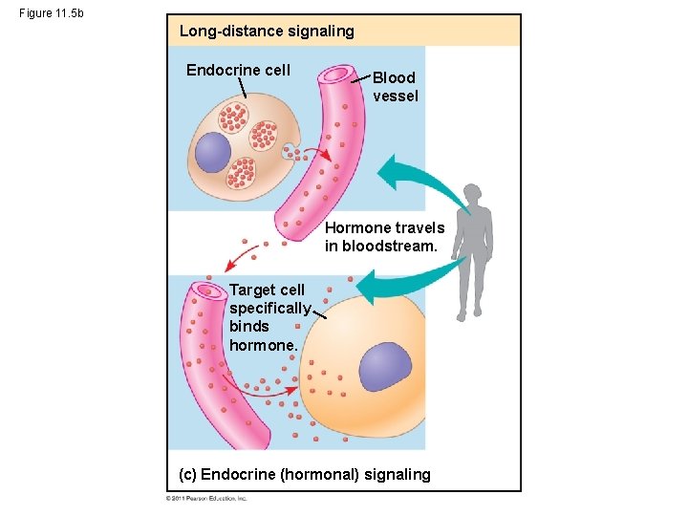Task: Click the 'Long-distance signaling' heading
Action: click(x=267, y=32)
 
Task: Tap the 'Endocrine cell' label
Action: click(x=238, y=70)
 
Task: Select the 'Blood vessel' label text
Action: click(x=395, y=87)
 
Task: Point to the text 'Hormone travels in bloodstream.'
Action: click(x=384, y=237)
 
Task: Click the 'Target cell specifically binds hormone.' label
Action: click(x=269, y=317)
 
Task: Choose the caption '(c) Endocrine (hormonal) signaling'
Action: click(x=305, y=474)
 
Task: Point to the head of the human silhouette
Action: click(x=472, y=194)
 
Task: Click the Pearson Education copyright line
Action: click(x=207, y=498)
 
